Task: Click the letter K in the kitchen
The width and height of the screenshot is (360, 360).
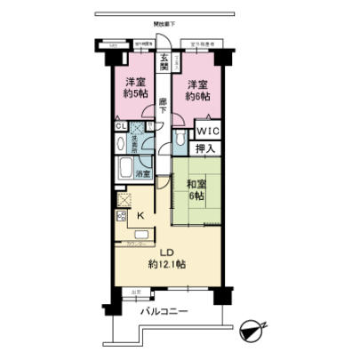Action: pyautogui.click(x=140, y=214)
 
